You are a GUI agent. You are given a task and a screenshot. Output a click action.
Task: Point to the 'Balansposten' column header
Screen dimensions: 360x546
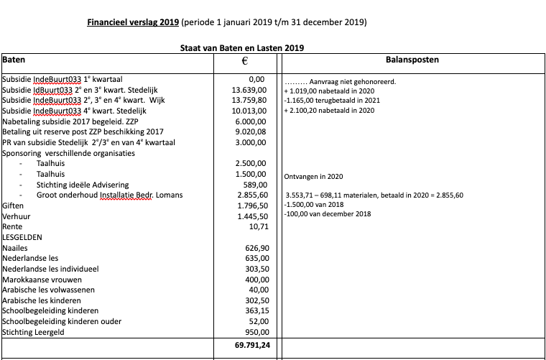413,59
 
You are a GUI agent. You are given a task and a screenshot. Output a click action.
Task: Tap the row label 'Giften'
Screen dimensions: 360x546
13,206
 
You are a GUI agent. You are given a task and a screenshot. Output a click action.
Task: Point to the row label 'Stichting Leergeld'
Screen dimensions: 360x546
33,332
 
